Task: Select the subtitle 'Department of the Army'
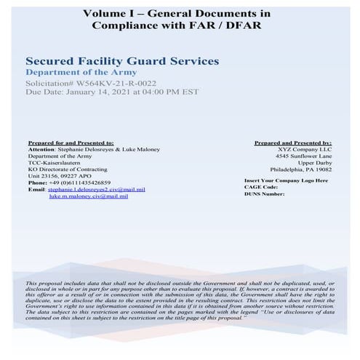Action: [x=73, y=73]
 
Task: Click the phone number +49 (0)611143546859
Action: [x=89, y=183]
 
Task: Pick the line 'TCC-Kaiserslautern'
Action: [x=51, y=163]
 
